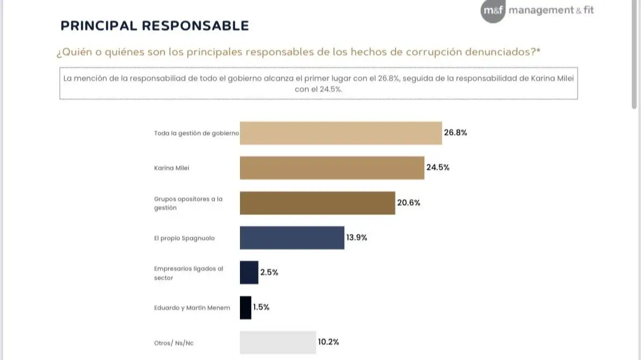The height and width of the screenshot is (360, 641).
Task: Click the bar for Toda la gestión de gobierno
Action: click(x=341, y=133)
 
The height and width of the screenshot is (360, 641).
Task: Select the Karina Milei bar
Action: click(x=332, y=168)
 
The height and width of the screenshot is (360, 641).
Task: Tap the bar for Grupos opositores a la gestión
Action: click(x=317, y=203)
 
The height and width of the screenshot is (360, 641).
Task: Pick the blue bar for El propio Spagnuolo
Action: click(x=292, y=238)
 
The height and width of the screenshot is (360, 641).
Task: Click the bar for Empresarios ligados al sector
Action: click(x=249, y=272)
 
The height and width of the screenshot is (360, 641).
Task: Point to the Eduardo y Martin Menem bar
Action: click(x=246, y=307)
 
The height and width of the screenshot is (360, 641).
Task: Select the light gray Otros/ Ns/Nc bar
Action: click(x=278, y=342)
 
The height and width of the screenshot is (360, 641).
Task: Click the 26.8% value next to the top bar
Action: click(x=455, y=133)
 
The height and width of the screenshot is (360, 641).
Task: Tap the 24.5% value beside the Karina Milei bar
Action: click(x=437, y=167)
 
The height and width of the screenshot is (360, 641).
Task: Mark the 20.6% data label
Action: click(x=409, y=203)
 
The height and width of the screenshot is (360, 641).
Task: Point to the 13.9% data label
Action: click(x=356, y=238)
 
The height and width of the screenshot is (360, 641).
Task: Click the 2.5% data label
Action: click(x=269, y=272)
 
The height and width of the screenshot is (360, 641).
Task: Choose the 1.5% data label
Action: click(x=261, y=307)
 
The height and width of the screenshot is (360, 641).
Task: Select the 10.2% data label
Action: click(x=329, y=342)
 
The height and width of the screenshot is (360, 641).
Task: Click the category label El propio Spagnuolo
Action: click(x=184, y=238)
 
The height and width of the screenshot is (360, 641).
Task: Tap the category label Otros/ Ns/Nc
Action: click(x=174, y=343)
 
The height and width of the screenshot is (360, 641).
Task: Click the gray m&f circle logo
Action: click(x=492, y=11)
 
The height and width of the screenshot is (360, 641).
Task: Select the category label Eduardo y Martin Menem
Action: click(x=192, y=308)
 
